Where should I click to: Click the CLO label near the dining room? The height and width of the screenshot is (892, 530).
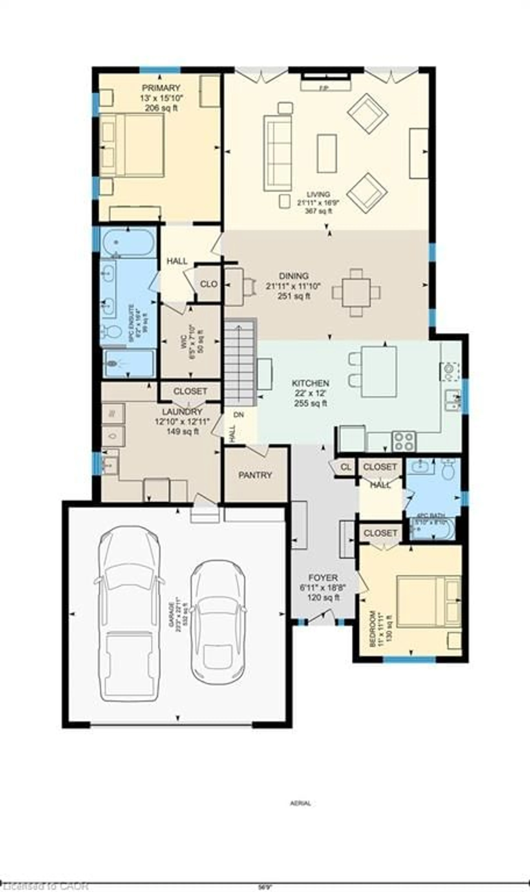[209, 284]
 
